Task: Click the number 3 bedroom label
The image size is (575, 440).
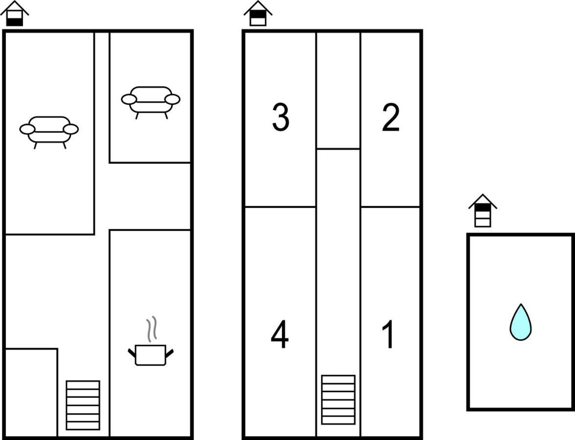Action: pos(281,117)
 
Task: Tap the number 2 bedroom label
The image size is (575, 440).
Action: pos(391,117)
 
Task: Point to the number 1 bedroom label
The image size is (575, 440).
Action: pos(388,334)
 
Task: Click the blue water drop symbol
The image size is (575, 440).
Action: pos(520,322)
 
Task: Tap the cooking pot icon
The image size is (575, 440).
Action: pos(151,354)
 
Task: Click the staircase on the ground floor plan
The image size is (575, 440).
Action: pos(83,405)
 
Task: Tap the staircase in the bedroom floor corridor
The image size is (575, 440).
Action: pos(338,400)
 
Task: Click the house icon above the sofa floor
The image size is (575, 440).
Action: pos(15,13)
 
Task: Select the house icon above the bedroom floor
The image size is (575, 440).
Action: pos(258,13)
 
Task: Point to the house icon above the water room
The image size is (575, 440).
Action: pos(483,210)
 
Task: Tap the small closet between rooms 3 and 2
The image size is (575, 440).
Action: pos(338,90)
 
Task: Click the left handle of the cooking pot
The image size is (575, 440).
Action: pos(132,353)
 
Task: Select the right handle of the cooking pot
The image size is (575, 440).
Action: pos(169,353)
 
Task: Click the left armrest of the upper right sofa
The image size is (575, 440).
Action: pos(129,99)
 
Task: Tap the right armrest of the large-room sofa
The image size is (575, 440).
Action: pos(71,129)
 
